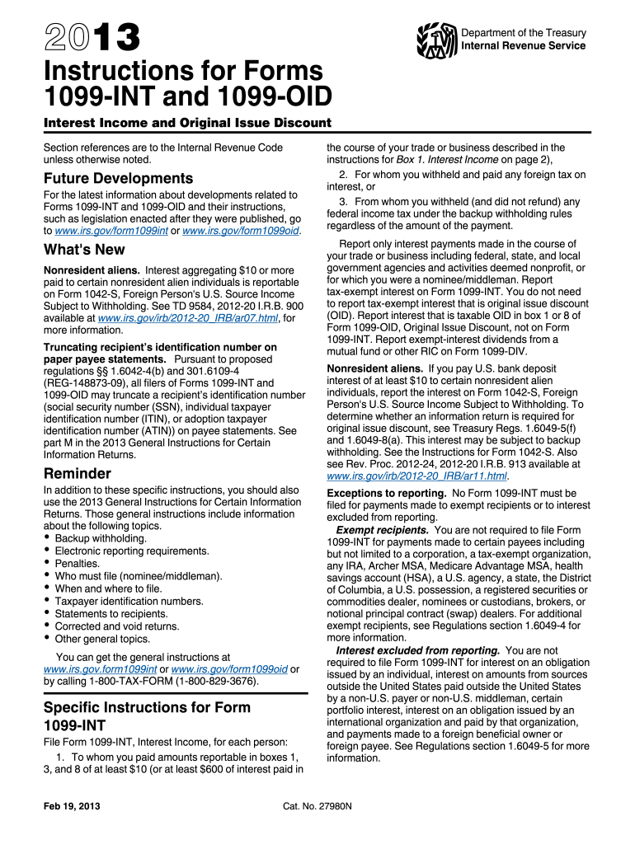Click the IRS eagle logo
click(436, 39)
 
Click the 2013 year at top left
click(92, 38)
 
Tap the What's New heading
click(84, 250)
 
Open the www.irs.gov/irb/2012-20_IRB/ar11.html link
click(418, 476)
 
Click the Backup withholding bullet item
click(100, 538)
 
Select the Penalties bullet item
click(79, 564)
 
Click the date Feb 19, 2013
click(72, 804)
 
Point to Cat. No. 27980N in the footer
click(317, 804)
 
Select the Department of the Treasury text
click(524, 33)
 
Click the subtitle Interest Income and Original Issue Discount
click(187, 124)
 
